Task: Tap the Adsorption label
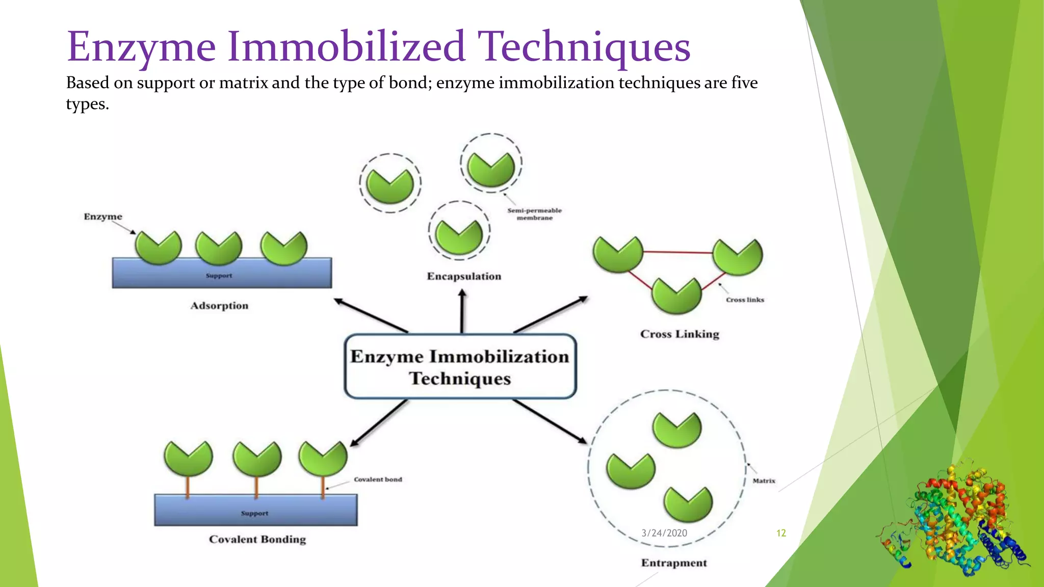(219, 306)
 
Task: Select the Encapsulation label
(464, 276)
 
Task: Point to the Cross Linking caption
(680, 334)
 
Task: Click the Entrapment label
(674, 563)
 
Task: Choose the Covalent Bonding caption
(257, 540)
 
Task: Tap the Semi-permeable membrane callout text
(534, 214)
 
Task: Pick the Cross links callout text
(745, 300)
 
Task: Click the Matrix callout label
(764, 481)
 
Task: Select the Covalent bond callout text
(378, 479)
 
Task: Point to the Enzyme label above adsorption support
(103, 217)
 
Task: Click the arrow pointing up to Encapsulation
(462, 311)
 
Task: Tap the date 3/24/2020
(664, 533)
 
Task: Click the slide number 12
(781, 533)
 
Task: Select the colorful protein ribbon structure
(953, 520)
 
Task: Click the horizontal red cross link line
(678, 252)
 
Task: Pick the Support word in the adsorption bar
(219, 276)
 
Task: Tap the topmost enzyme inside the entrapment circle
(677, 430)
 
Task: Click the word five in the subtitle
(744, 83)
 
